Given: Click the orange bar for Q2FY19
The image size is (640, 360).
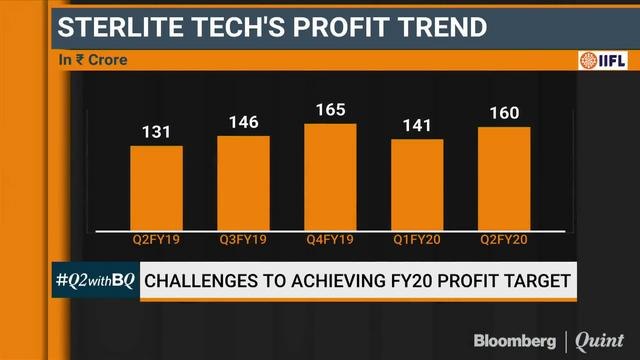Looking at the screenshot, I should pos(156,188).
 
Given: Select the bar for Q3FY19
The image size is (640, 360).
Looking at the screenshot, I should pos(243,183).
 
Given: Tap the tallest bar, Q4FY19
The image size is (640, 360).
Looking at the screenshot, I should pos(330,177).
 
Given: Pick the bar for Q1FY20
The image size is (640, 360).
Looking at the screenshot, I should pos(417,185).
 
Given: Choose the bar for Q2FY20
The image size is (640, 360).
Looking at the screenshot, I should pos(504,179).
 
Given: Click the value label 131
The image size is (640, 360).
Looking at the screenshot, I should pos(156,131).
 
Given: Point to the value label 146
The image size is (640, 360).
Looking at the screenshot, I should pos(243,122).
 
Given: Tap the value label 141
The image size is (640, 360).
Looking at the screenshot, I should pos(417,125).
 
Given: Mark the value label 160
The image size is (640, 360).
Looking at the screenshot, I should pos(504,113).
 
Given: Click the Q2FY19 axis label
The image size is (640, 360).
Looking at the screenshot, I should pos(156,241).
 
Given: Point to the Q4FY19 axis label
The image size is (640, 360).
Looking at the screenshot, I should pos(330,241).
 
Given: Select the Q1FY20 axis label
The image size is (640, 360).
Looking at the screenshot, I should pos(417,241).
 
